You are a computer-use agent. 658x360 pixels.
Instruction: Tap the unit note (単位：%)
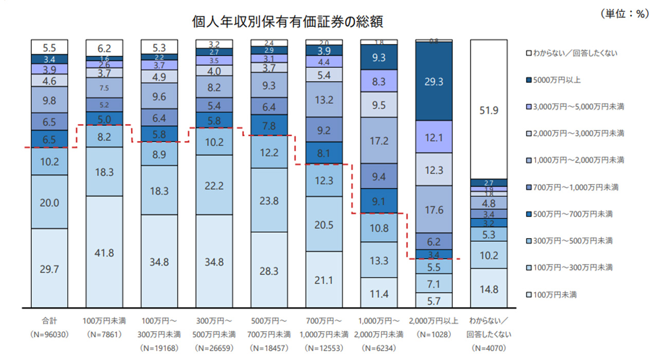[x=623, y=14]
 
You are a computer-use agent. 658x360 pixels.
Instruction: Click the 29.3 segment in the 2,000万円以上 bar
[x=433, y=81]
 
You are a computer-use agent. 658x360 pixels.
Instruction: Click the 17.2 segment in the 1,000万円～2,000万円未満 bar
[x=378, y=140]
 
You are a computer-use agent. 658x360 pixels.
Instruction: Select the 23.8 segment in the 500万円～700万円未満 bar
[x=269, y=201]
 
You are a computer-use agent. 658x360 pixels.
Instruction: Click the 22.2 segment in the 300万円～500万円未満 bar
[x=214, y=185]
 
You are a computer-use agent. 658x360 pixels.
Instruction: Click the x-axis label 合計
[x=49, y=321]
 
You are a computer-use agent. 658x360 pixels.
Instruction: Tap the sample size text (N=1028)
[x=433, y=334]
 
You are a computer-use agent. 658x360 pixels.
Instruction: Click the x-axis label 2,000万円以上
[x=433, y=321]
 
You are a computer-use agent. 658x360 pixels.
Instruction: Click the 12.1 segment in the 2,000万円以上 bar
[x=433, y=137]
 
